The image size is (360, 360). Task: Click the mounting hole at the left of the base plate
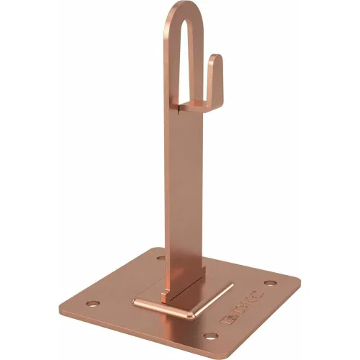[x=93, y=304]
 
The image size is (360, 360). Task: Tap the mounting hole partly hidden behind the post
[x=161, y=258]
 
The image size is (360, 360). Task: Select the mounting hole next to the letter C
[x=270, y=283]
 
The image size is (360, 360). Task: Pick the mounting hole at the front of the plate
[x=211, y=336]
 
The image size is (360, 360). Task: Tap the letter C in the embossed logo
[x=257, y=296]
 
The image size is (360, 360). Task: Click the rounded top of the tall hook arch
[x=184, y=7]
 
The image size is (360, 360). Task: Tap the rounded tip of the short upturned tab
[x=215, y=57]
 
